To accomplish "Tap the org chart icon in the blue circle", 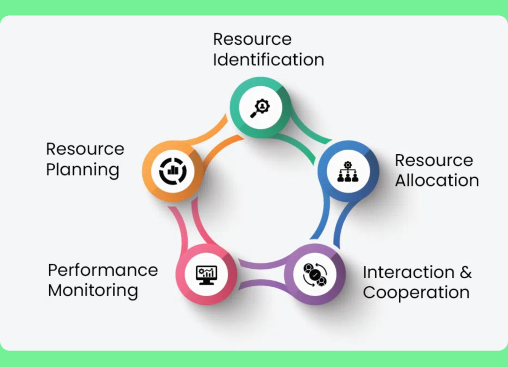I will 348,172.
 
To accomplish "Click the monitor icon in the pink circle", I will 206,274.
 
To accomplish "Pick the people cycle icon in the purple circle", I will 316,274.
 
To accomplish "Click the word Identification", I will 268,60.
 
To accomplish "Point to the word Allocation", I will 437,181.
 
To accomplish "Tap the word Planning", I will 82,170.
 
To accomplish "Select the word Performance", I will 103,270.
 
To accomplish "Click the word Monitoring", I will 93,290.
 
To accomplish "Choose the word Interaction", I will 408,272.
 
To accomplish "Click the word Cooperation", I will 416,293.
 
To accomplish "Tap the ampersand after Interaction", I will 465,272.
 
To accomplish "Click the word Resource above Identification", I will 252,39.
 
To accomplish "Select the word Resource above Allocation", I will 434,160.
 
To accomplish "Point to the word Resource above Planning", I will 85,149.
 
